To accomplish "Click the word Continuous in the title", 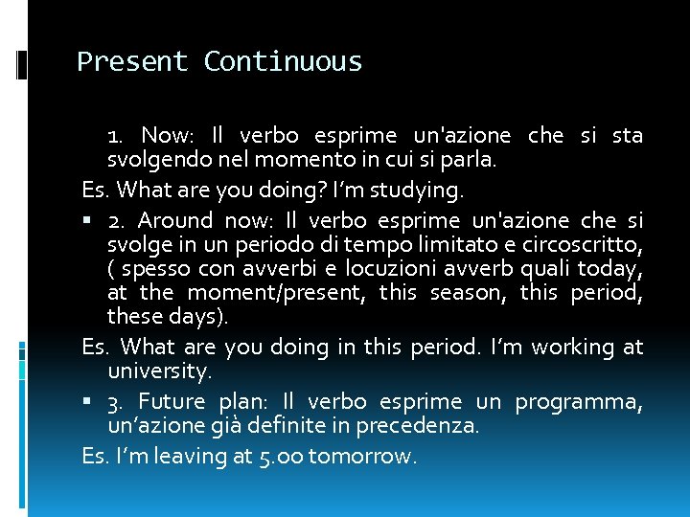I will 283,62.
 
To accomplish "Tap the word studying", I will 417,191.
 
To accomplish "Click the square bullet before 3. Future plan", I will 87,402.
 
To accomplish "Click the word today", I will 615,268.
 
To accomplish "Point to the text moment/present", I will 276,293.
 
